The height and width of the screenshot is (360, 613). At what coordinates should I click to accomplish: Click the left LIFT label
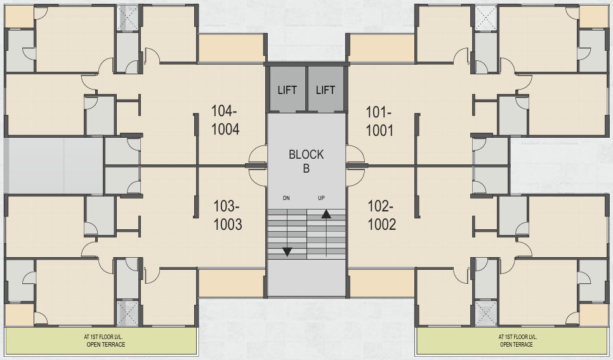[x=287, y=90]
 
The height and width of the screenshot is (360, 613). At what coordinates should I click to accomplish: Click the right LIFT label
[x=326, y=90]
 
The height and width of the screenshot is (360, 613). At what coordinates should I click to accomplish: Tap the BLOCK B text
[x=306, y=161]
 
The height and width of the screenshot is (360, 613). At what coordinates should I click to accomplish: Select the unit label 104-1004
[x=225, y=120]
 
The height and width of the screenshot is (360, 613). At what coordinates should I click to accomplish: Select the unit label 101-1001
[x=379, y=121]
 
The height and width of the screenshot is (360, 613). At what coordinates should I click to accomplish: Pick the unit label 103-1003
[x=227, y=215]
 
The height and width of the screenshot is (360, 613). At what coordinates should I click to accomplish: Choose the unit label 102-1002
[x=381, y=215]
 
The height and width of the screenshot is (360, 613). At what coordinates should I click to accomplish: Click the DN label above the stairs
[x=286, y=198]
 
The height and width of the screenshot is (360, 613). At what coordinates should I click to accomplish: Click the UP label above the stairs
[x=321, y=198]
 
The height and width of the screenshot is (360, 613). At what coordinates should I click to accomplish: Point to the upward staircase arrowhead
[x=326, y=214]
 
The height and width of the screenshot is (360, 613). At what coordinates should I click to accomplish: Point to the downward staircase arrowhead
[x=287, y=251]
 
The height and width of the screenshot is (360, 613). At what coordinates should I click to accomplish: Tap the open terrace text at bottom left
[x=105, y=341]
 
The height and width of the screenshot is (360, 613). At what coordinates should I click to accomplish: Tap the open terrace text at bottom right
[x=517, y=341]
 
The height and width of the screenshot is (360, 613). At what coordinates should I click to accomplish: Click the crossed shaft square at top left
[x=128, y=18]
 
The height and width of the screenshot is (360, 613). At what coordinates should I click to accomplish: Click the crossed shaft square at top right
[x=485, y=18]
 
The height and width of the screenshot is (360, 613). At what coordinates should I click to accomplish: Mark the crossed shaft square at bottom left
[x=128, y=312]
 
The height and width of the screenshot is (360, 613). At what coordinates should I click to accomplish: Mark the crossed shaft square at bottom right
[x=485, y=312]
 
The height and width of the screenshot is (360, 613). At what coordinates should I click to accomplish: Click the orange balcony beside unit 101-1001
[x=381, y=48]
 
